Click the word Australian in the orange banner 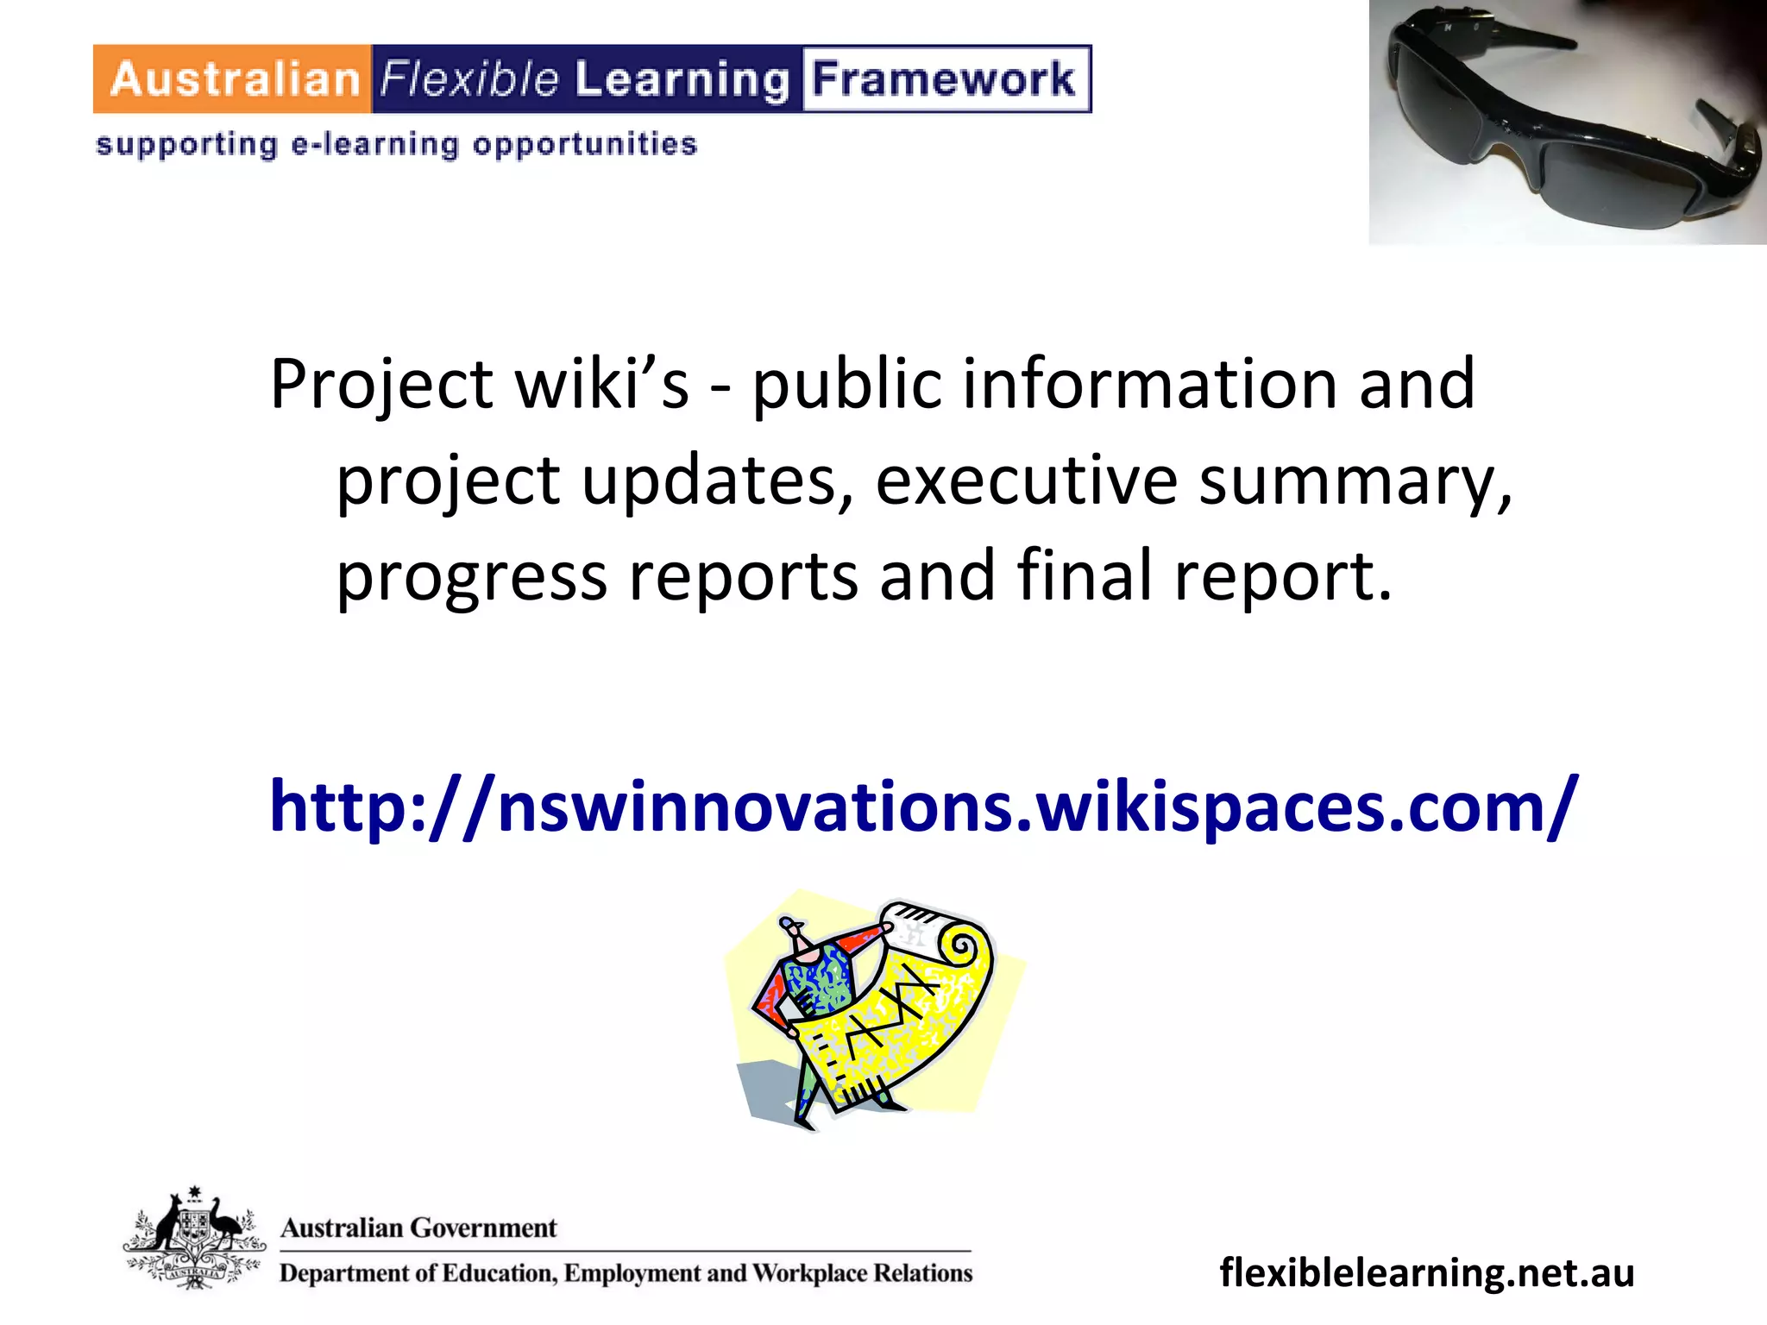point(235,79)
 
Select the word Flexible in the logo point(470,79)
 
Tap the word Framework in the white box point(944,79)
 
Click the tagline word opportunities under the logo point(585,144)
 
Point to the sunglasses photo point(1567,122)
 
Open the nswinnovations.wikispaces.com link point(923,807)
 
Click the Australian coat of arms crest point(194,1238)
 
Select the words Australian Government point(418,1228)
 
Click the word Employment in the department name point(633,1273)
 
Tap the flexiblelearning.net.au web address point(1427,1272)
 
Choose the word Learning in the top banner point(682,79)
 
